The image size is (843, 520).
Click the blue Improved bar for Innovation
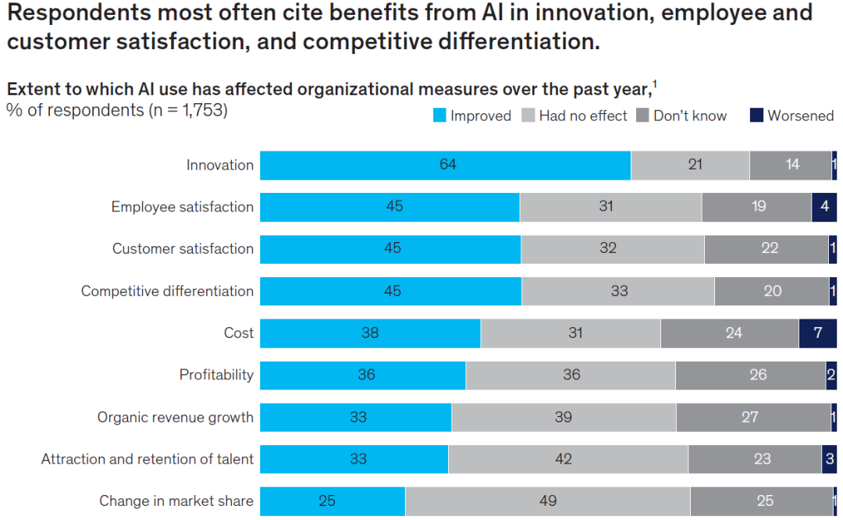(x=445, y=166)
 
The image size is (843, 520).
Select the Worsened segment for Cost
(x=817, y=333)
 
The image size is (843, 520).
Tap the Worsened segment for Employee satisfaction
(x=823, y=208)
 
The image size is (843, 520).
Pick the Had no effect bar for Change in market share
(x=547, y=500)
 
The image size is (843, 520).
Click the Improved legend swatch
(x=439, y=116)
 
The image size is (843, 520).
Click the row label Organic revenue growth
(x=175, y=417)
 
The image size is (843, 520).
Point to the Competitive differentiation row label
(x=167, y=291)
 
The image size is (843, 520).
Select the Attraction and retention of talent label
(x=148, y=459)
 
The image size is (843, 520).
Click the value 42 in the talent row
(x=564, y=459)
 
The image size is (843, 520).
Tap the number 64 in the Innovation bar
(x=447, y=166)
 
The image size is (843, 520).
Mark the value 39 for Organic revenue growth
(x=564, y=417)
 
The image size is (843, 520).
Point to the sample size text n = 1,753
(x=185, y=110)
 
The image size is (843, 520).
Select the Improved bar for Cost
(x=370, y=333)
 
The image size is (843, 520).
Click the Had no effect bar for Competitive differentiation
(x=617, y=291)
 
